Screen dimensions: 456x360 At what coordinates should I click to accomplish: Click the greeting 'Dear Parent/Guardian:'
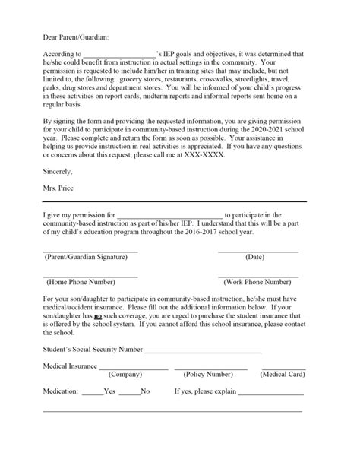click(x=75, y=35)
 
